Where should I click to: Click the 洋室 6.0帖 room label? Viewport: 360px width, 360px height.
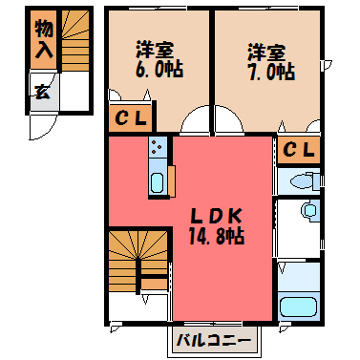point(159,59)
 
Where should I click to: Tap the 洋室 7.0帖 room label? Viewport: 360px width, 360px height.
point(271,62)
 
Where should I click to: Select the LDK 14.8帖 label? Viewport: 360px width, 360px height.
point(217,226)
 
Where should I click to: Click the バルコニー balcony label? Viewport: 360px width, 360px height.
point(214,342)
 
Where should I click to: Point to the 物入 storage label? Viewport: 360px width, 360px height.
point(44,39)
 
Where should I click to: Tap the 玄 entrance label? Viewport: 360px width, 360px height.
point(43,92)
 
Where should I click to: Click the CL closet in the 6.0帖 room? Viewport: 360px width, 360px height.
point(131,118)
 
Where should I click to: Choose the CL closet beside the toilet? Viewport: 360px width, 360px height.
point(298,150)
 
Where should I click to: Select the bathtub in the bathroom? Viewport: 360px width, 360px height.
point(298,307)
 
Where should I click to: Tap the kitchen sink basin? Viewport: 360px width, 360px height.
point(157,182)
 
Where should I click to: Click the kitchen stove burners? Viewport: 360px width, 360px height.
point(157,146)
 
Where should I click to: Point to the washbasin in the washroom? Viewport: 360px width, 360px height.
point(309,210)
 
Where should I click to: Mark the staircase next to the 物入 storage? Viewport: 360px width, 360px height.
point(75,40)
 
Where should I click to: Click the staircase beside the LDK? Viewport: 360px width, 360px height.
point(138,261)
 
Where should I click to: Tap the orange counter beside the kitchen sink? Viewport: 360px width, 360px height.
point(172,180)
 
